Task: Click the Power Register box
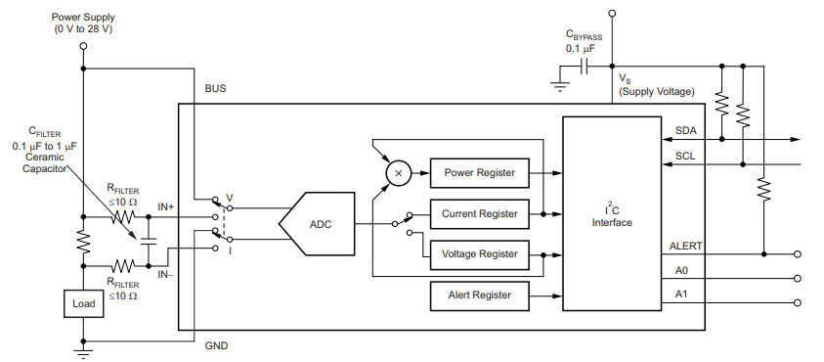click(x=479, y=172)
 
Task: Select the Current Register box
click(x=479, y=213)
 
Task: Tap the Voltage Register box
click(x=479, y=254)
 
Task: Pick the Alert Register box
click(x=479, y=294)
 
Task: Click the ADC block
click(x=315, y=224)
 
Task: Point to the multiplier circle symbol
click(x=397, y=172)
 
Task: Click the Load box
click(x=83, y=304)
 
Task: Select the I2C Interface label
click(x=611, y=216)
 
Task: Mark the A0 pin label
click(x=681, y=269)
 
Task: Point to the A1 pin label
click(x=681, y=294)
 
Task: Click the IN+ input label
click(x=166, y=207)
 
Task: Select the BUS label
click(x=215, y=88)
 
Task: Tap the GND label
click(x=216, y=345)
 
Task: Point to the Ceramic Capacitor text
click(x=45, y=162)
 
